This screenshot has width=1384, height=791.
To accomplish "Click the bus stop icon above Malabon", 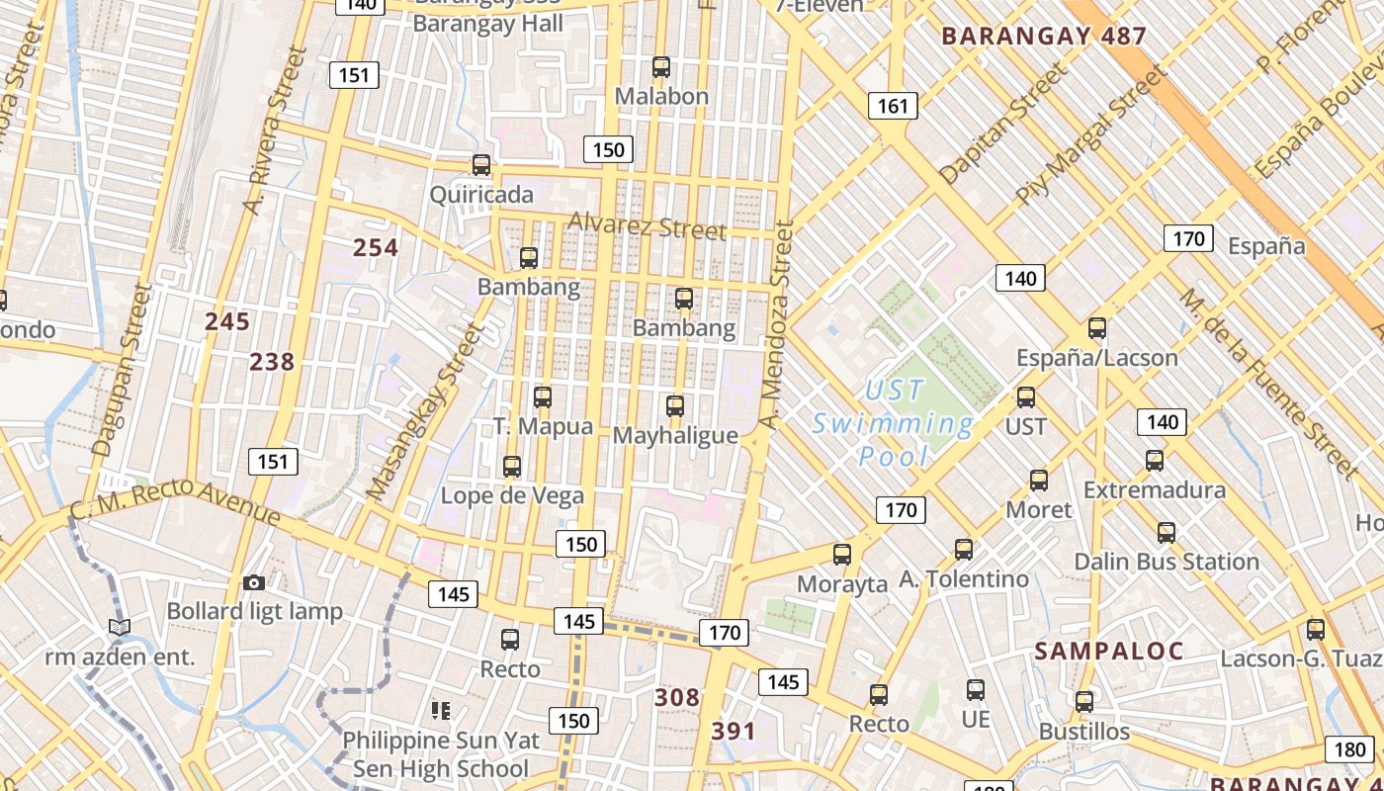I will (661, 67).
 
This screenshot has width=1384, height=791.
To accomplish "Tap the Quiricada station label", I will (481, 194).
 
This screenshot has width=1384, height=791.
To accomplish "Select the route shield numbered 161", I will (893, 105).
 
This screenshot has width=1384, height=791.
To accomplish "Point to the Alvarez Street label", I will (648, 226).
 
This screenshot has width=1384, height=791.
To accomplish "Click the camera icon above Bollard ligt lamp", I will (254, 582).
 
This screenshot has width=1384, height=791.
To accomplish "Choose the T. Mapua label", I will (543, 426).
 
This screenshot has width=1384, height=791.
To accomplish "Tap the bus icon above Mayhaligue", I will (675, 405).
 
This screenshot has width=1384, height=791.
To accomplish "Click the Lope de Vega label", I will (512, 495).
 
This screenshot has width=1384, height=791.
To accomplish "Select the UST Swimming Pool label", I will (893, 423).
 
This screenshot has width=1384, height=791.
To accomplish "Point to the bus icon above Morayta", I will (842, 554).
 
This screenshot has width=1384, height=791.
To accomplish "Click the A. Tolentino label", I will (964, 578).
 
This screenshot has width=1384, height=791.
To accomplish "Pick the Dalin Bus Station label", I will (1167, 562).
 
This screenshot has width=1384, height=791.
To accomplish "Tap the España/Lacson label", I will (1097, 357).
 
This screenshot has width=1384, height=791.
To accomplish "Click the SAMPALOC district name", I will (1109, 651).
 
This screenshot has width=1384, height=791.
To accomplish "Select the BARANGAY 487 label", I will (1044, 37).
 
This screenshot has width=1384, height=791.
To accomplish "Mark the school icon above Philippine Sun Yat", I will (441, 710).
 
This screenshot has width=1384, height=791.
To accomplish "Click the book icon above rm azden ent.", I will (120, 627).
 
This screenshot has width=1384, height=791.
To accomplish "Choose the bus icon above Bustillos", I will (1084, 702).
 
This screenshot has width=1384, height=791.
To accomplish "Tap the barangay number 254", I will (376, 247).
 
